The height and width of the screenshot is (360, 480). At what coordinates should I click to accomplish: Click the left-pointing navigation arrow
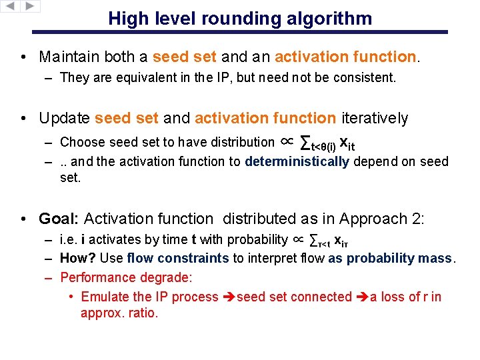[x=10, y=7]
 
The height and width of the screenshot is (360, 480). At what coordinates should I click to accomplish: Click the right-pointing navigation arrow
[x=30, y=7]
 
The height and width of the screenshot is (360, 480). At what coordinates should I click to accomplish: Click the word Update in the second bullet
[x=65, y=119]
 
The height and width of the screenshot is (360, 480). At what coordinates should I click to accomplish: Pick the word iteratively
[x=374, y=119]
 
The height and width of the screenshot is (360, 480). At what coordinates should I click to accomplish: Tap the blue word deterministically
[x=297, y=161]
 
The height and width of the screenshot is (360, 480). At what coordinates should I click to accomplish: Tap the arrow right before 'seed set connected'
[x=229, y=297]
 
